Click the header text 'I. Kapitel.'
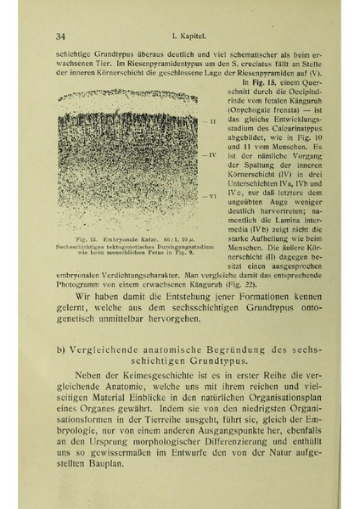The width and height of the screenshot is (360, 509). coord(194,36)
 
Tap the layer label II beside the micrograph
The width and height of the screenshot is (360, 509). coord(214,122)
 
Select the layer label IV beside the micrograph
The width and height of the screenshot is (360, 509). coord(215,156)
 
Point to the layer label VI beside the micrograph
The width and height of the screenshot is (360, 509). coord(215,196)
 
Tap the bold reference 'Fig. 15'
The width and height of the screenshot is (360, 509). coord(256,82)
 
